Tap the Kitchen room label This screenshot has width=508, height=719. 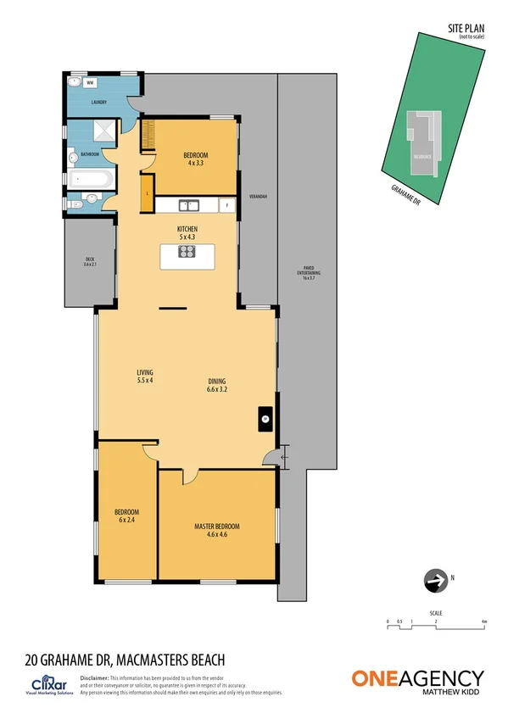click(187, 229)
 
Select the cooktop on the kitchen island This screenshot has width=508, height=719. click(187, 251)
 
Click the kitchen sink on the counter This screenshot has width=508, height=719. click(188, 204)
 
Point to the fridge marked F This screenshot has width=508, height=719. click(226, 205)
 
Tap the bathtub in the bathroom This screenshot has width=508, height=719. click(89, 180)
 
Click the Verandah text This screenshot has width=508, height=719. click(258, 197)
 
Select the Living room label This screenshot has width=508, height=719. click(144, 376)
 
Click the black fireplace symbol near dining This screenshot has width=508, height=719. click(265, 417)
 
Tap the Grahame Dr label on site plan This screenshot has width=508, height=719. click(405, 195)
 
